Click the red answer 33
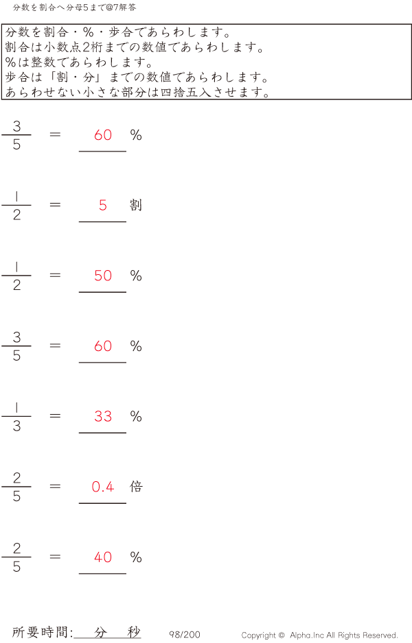tap(103, 416)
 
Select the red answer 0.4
tap(103, 487)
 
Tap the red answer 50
tap(103, 276)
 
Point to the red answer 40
tap(103, 557)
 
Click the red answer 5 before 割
tap(103, 205)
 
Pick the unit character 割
tap(136, 205)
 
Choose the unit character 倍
tap(136, 487)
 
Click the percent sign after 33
tap(136, 416)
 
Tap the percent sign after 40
tap(136, 557)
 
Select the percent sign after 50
tap(136, 276)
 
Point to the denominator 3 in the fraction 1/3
tap(16, 426)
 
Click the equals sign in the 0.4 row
tap(55, 486)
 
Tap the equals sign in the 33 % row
tap(55, 415)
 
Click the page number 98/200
tap(185, 635)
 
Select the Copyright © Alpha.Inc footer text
tap(319, 635)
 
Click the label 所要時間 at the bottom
tap(42, 633)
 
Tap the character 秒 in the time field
tap(134, 633)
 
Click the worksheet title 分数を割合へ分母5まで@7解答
tap(75, 8)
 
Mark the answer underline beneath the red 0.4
tap(103, 503)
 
